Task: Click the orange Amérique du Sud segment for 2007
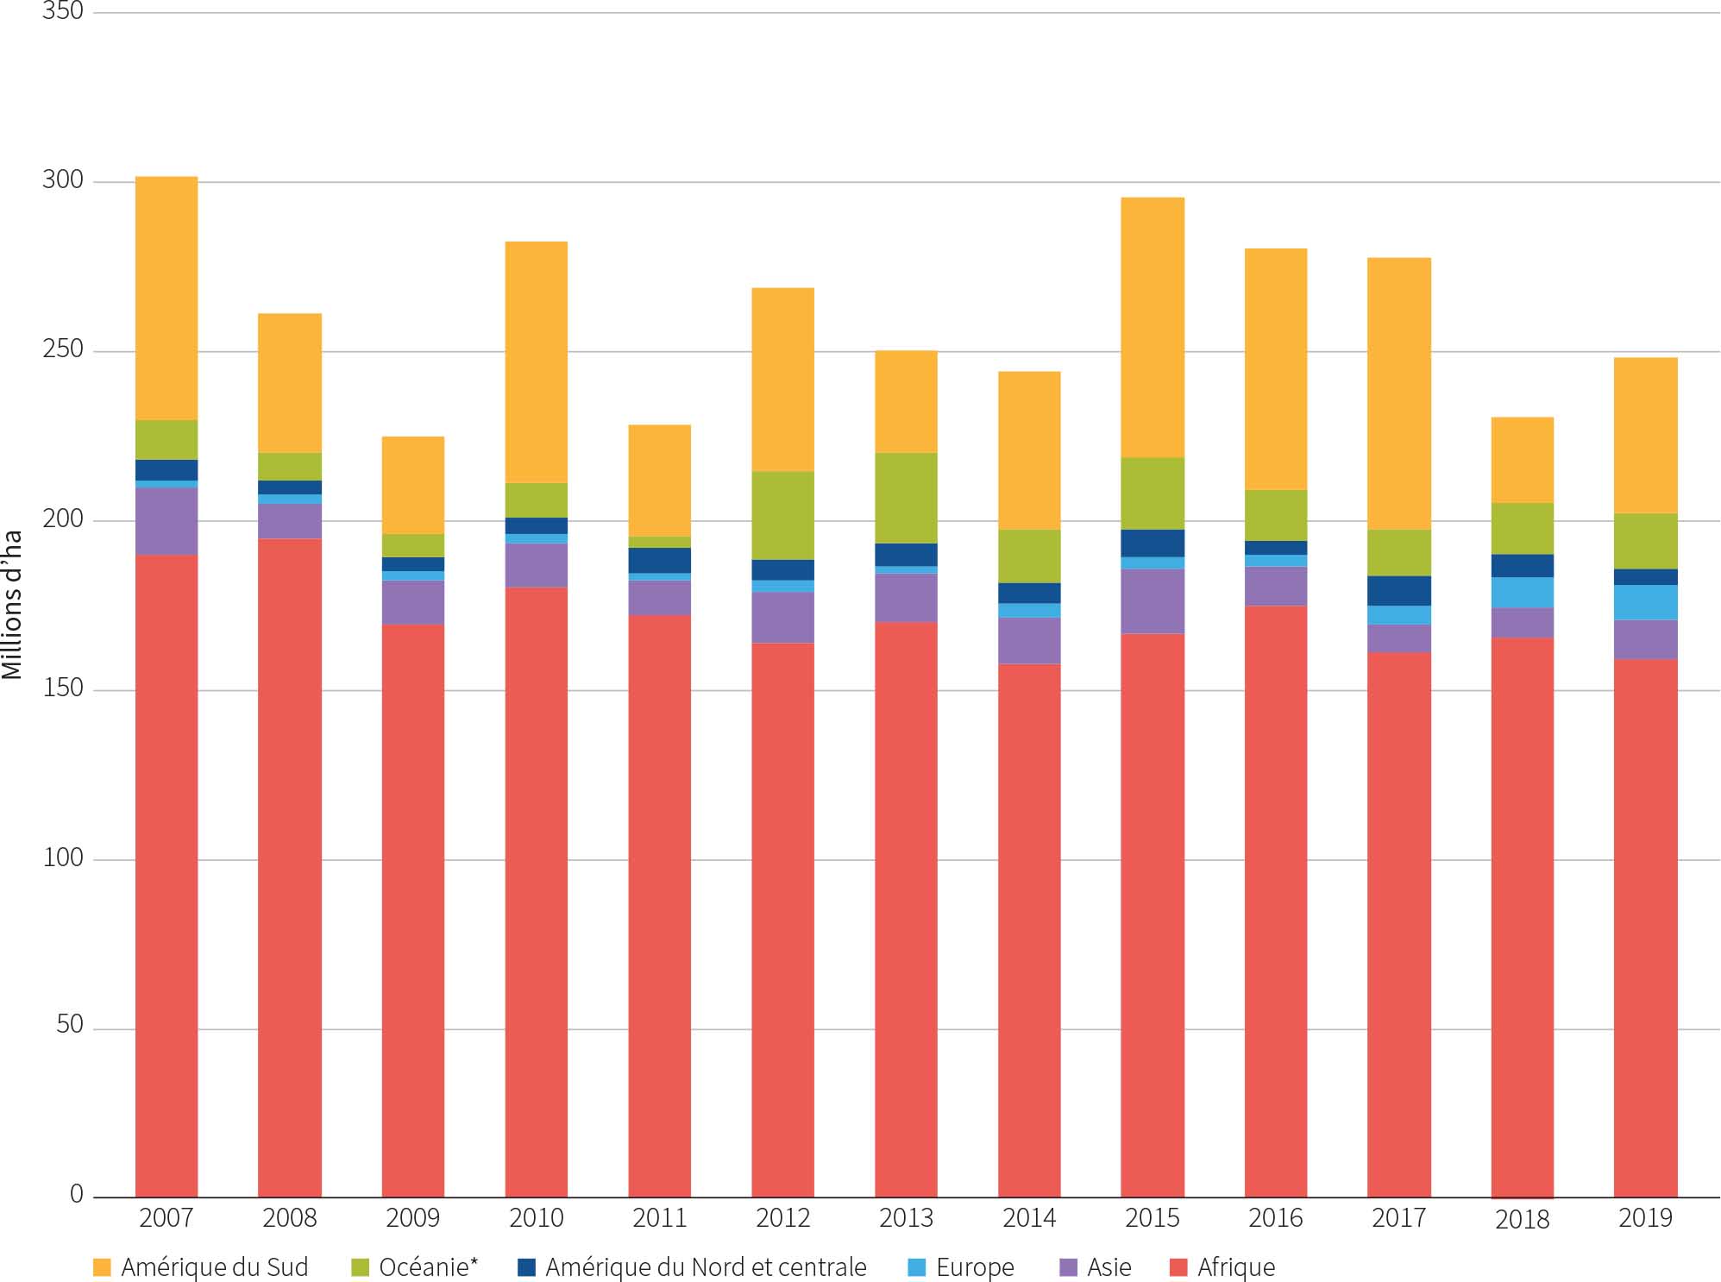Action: click(166, 298)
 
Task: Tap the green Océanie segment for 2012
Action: click(782, 515)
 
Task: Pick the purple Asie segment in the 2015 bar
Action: click(1153, 601)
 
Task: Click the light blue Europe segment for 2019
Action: click(1645, 602)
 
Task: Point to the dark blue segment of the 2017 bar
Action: click(1399, 590)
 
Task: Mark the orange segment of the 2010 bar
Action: click(536, 361)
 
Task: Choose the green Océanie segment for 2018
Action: click(1523, 528)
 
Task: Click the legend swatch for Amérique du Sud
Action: click(102, 1267)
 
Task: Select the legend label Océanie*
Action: click(428, 1267)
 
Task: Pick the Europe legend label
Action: click(975, 1267)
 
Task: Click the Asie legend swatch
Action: click(1068, 1267)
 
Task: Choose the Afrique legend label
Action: click(1235, 1267)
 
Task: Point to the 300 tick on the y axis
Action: click(63, 180)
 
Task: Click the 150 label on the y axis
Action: click(63, 688)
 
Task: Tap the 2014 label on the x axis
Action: click(1029, 1218)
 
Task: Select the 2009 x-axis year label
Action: click(413, 1218)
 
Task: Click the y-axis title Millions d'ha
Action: click(12, 605)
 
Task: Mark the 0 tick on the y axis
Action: click(76, 1195)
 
